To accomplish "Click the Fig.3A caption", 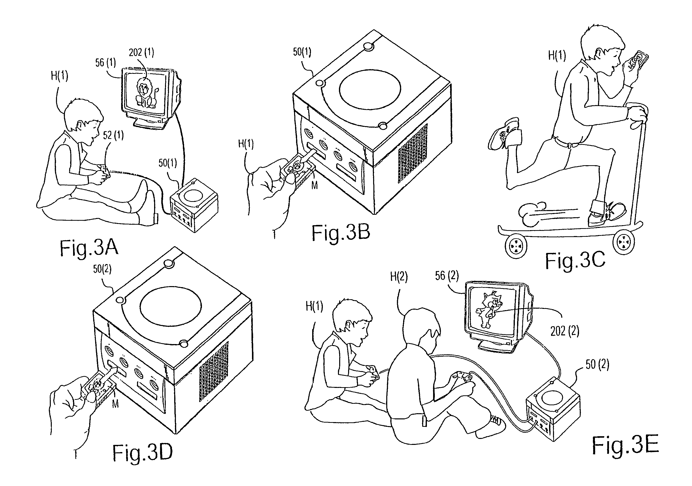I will click(x=89, y=248).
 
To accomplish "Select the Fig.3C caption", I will click(x=575, y=261).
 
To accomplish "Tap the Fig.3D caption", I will click(x=142, y=452).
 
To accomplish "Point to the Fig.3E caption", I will click(x=625, y=445).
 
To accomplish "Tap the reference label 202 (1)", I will click(x=141, y=53).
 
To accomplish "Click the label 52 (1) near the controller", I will click(x=113, y=135).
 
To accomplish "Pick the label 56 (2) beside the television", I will click(x=447, y=275).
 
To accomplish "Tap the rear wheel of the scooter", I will click(x=516, y=247).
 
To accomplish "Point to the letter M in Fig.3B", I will click(x=314, y=185).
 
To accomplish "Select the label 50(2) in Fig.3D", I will click(x=102, y=269).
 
